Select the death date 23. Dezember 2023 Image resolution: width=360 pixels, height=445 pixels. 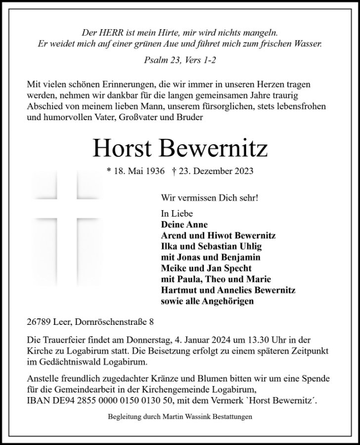(x=214, y=171)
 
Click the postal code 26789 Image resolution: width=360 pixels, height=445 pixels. (x=39, y=322)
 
